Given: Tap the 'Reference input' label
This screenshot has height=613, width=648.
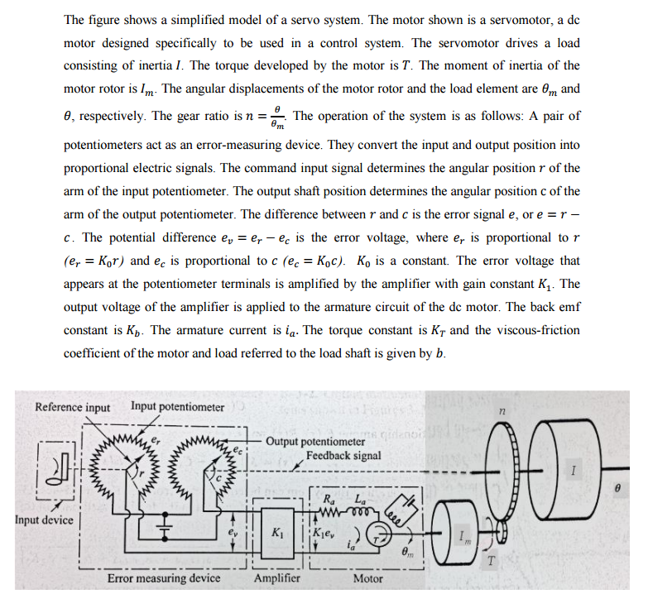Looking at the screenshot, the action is [x=72, y=407].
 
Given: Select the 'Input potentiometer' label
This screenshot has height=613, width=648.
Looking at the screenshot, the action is [x=177, y=407].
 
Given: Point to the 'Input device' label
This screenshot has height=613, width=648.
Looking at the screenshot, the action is [x=43, y=520].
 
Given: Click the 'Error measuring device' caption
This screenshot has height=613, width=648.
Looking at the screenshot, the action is [x=164, y=579].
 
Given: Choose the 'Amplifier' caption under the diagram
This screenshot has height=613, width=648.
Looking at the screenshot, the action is [x=276, y=579].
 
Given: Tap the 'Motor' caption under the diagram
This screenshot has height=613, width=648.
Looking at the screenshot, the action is [x=367, y=579].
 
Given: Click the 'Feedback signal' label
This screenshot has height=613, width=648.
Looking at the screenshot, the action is [x=343, y=456].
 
